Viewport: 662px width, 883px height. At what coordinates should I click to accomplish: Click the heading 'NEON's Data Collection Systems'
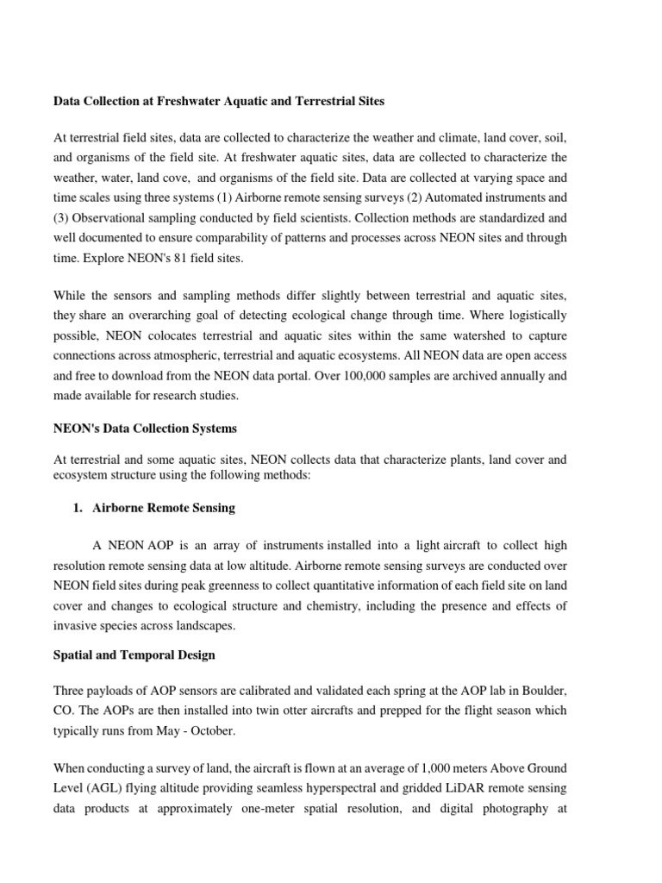[x=145, y=429]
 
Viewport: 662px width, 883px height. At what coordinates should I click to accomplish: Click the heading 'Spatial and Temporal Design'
[x=134, y=654]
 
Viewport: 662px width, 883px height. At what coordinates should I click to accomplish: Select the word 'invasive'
[x=76, y=626]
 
